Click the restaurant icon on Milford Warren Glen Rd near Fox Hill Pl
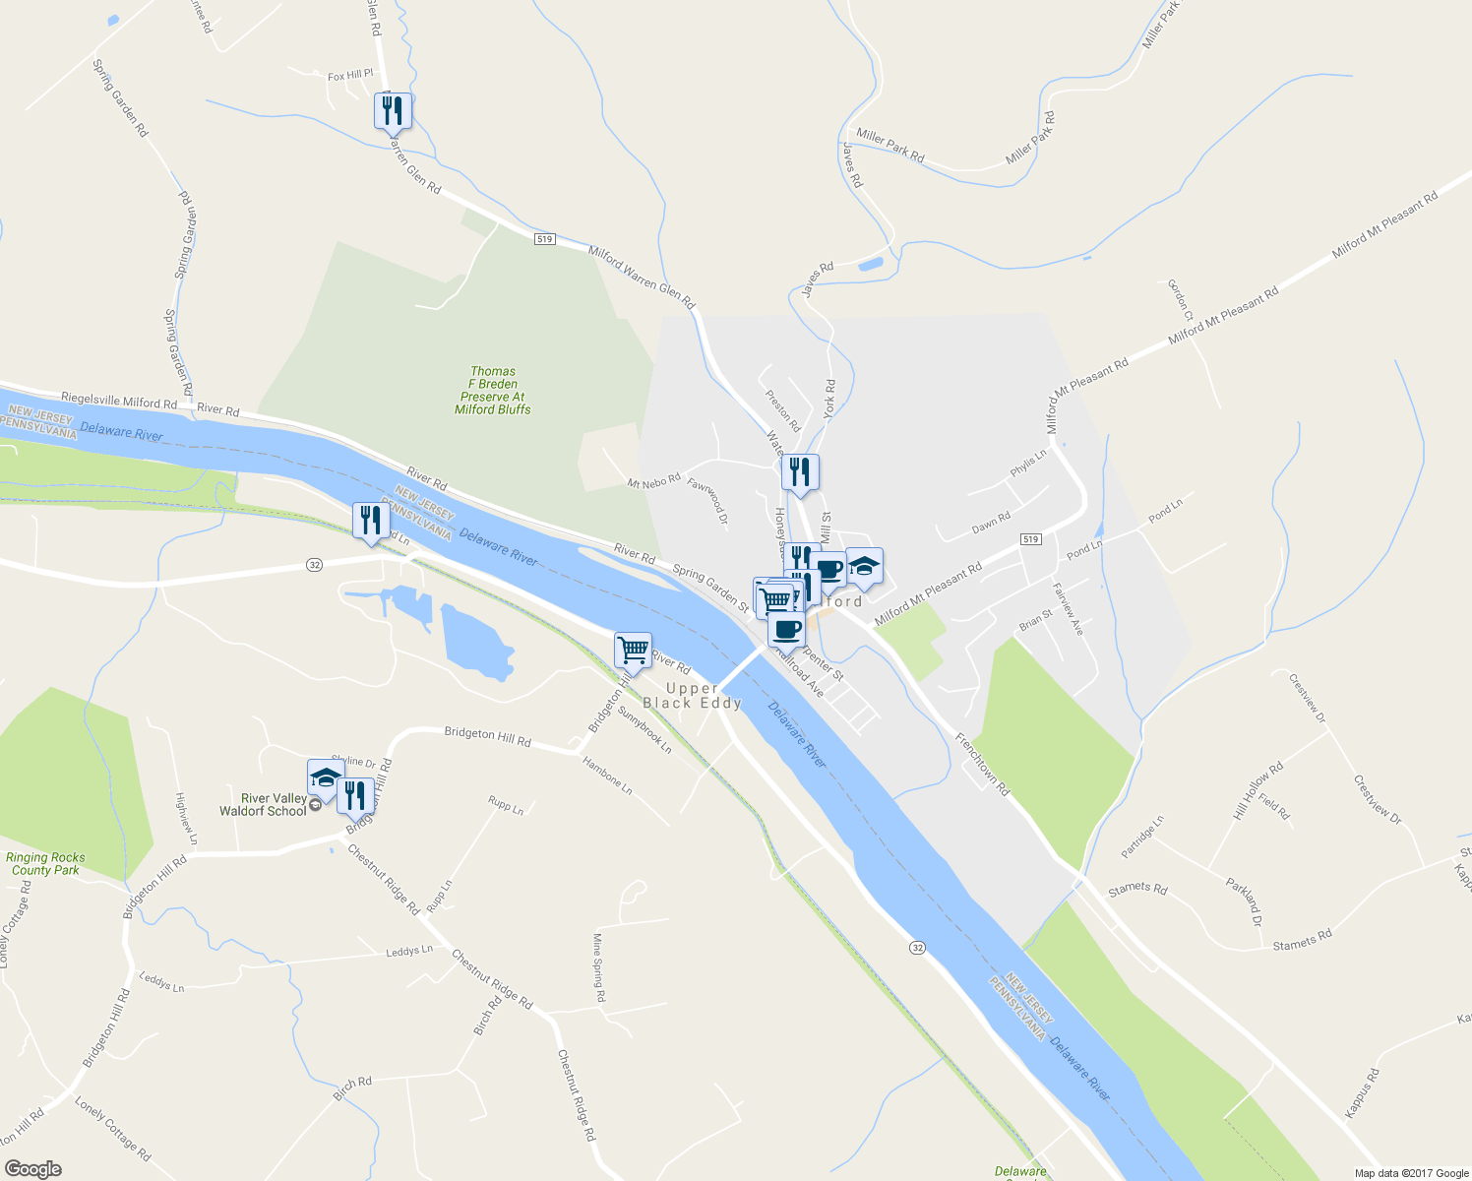point(393,111)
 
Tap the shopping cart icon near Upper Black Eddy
point(633,650)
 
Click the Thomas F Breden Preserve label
point(493,391)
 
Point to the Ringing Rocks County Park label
point(45,864)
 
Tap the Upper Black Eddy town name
point(692,696)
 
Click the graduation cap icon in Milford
point(864,566)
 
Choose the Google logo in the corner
point(32,1169)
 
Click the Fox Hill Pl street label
point(350,76)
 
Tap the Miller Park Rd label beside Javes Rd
point(889,144)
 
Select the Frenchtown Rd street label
point(982,763)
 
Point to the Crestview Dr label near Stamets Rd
point(1377,799)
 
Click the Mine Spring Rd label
point(598,967)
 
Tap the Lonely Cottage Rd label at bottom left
point(113,1129)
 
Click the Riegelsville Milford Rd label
point(118,402)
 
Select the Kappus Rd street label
point(1363,1093)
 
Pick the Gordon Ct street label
point(1180,300)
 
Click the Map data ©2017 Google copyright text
point(1411,1173)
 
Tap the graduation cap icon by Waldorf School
point(325,777)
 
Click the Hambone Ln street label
point(607,777)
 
